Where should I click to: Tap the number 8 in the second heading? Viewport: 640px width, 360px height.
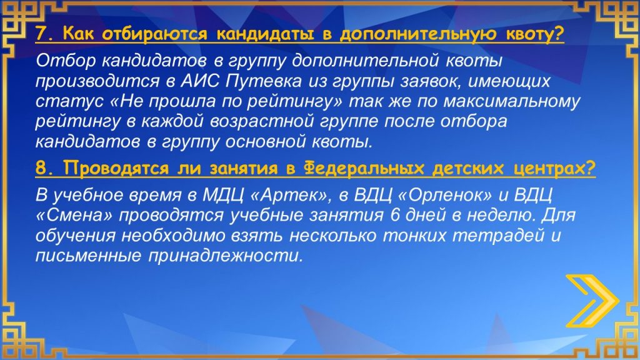[41, 168]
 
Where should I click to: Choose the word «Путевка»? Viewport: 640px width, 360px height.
[264, 81]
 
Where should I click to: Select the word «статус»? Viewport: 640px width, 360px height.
[69, 101]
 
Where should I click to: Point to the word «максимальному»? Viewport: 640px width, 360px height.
[511, 102]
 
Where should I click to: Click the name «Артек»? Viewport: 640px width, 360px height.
[291, 195]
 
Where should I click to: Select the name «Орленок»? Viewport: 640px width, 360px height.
[445, 195]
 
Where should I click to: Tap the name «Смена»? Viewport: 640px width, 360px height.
[77, 215]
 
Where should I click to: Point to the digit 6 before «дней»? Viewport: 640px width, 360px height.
[394, 215]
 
